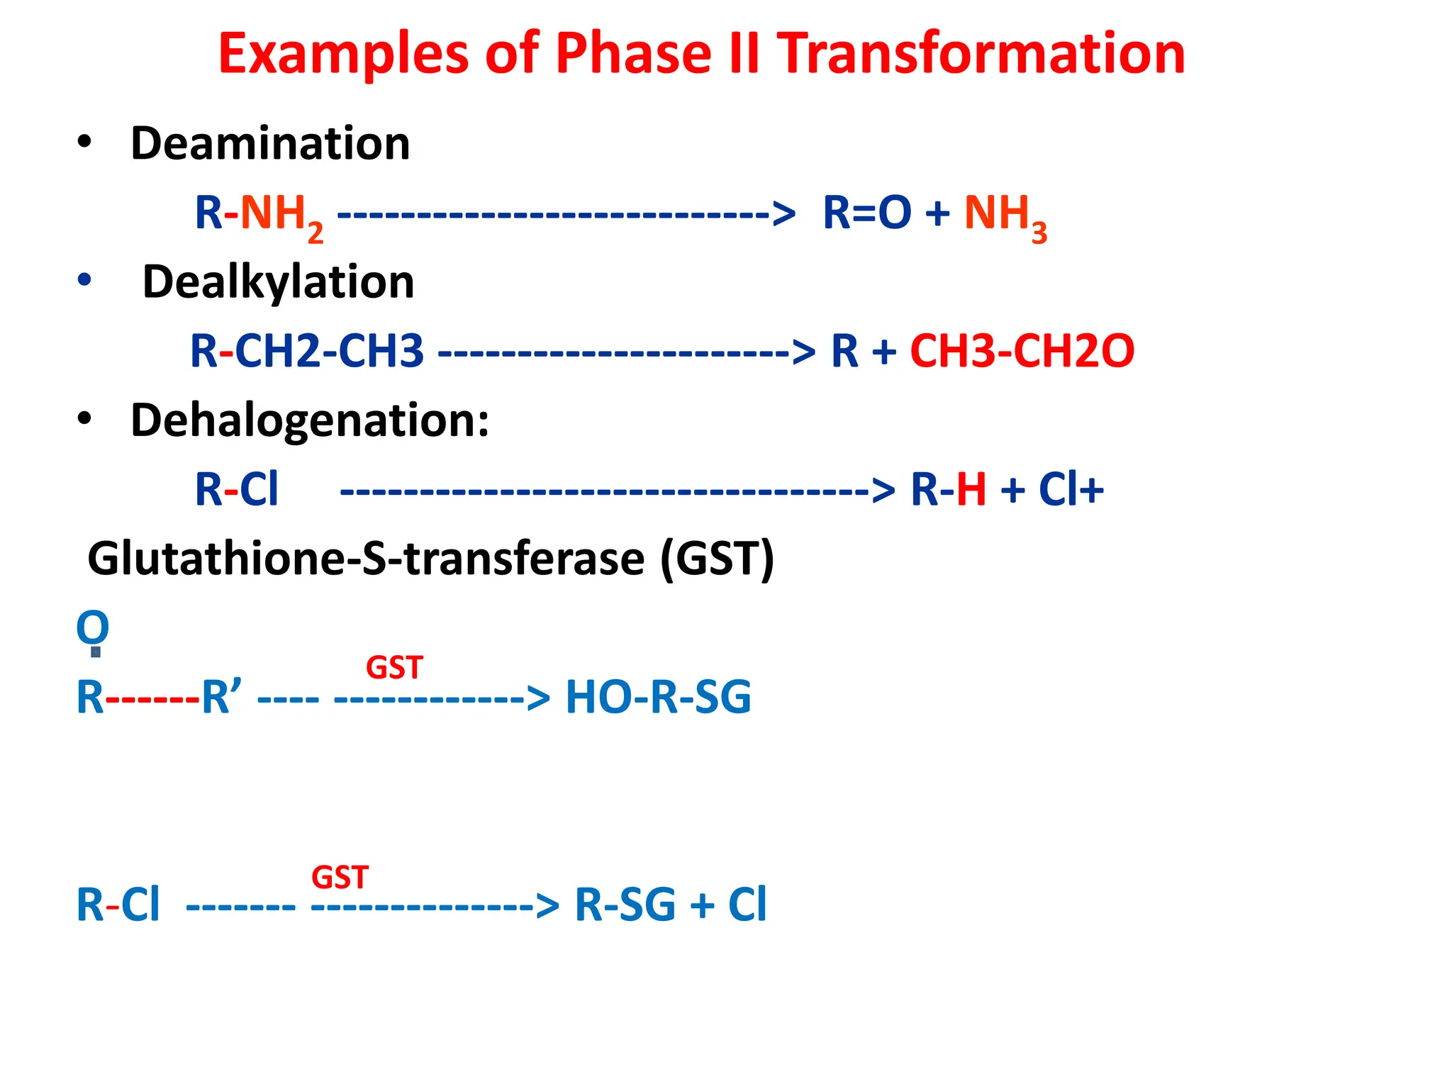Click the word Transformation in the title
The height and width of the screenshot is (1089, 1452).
pyautogui.click(x=981, y=54)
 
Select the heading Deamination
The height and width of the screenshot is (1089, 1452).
pyautogui.click(x=270, y=143)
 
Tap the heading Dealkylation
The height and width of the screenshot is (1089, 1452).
pyautogui.click(x=278, y=282)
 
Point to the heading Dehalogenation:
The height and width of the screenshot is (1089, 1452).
pyautogui.click(x=310, y=420)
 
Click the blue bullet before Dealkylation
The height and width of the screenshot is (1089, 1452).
pyautogui.click(x=84, y=280)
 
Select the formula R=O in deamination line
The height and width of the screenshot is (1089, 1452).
pyautogui.click(x=866, y=213)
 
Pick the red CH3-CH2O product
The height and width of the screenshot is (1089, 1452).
pyautogui.click(x=1022, y=351)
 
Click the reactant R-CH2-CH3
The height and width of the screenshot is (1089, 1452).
pyautogui.click(x=307, y=351)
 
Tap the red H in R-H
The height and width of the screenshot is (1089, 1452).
pyautogui.click(x=971, y=489)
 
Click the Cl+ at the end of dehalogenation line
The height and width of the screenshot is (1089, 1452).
pyautogui.click(x=1071, y=489)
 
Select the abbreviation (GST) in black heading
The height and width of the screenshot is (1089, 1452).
pyautogui.click(x=717, y=559)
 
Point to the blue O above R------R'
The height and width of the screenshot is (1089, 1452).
pyautogui.click(x=93, y=627)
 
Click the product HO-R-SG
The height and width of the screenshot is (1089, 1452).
pyautogui.click(x=658, y=697)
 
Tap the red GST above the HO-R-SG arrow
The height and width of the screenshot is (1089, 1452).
pyautogui.click(x=394, y=668)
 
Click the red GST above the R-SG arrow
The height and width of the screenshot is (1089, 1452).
pyautogui.click(x=340, y=878)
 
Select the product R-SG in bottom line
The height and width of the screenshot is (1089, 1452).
pyautogui.click(x=625, y=905)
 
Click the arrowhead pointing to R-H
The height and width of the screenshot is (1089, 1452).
pyautogui.click(x=883, y=490)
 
